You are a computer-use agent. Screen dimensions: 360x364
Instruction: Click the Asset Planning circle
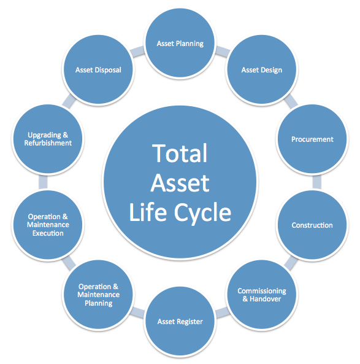(180, 43)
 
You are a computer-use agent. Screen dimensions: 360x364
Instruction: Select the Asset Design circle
(262, 69)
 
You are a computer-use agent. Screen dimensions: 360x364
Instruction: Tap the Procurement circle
(312, 139)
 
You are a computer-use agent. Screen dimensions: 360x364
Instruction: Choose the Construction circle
(312, 225)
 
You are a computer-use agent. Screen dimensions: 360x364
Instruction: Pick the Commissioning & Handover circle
(262, 295)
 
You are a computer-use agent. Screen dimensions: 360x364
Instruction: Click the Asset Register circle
(180, 321)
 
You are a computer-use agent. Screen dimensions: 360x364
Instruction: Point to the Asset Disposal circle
(98, 69)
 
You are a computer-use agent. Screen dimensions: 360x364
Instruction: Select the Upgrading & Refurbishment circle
(48, 139)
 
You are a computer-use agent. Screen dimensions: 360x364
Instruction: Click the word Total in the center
(180, 153)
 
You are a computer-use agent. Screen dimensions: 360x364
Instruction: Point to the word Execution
(48, 233)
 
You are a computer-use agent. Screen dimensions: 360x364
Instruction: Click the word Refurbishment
(48, 143)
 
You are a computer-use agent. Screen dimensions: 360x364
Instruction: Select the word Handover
(265, 298)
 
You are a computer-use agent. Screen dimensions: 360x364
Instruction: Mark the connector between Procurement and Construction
(317, 182)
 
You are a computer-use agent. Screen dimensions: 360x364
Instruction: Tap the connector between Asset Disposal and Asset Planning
(137, 52)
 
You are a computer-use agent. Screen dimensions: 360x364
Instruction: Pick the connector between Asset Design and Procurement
(291, 101)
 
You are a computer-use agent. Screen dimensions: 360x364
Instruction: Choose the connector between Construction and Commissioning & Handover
(291, 263)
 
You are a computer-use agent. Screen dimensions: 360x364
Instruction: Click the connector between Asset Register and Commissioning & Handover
(223, 312)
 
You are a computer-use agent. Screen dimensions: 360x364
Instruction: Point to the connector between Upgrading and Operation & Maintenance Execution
(43, 182)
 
